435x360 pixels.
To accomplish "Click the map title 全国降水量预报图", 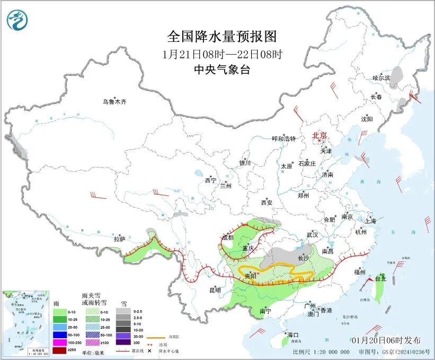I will (x=222, y=37).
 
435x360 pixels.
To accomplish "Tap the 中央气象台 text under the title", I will (x=222, y=70).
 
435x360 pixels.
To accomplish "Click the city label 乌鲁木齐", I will (x=115, y=101).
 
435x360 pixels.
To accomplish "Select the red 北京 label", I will (x=320, y=135).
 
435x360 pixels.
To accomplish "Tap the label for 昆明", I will (x=215, y=290).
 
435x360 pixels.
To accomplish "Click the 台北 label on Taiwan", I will (x=381, y=278).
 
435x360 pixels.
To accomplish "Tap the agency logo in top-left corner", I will (x=17, y=21).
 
